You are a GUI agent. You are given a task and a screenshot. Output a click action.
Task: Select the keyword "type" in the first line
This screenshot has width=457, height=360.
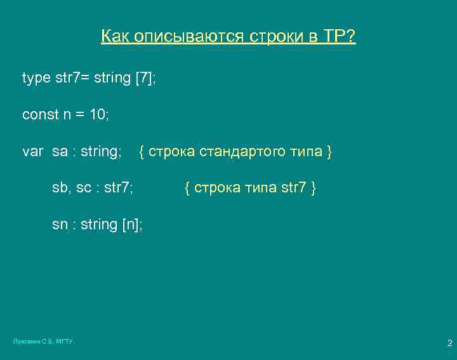coord(36,79)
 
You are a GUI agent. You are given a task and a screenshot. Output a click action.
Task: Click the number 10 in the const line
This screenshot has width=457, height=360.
coord(95,115)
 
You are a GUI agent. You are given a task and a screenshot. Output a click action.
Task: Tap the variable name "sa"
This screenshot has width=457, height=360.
coord(60,152)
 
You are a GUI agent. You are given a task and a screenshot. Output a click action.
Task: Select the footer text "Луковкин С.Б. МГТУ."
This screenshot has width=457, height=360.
coord(44,342)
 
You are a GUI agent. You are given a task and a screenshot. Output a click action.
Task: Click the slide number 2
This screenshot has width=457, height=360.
coord(449,343)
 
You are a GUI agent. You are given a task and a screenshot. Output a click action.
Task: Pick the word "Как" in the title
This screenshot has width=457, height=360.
coord(115,37)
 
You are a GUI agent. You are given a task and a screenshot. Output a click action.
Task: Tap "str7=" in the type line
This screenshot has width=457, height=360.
coord(74,79)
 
